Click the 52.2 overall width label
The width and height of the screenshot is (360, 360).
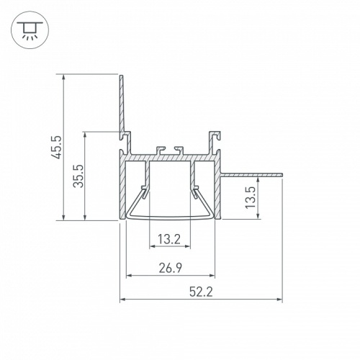pos(201,292)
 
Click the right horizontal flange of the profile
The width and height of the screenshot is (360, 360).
pos(252,174)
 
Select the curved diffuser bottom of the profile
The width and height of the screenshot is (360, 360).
pos(171,217)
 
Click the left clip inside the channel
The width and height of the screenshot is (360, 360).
pos(146,192)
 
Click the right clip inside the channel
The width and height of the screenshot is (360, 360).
pos(196,192)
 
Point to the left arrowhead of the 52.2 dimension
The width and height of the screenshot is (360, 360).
pos(122,299)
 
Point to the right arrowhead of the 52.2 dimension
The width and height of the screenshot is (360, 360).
pos(279,299)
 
